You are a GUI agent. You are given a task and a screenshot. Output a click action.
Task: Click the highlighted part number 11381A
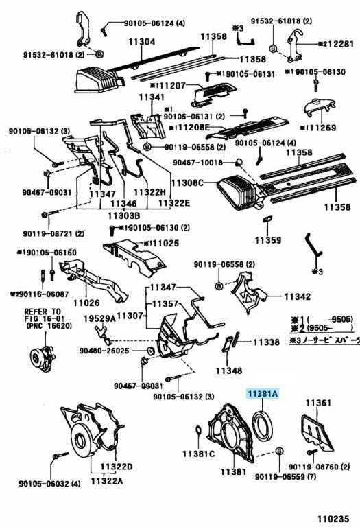coord(263,394)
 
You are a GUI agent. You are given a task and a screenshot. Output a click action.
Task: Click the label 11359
coord(268,240)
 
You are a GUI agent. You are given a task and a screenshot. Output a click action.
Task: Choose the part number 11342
coord(298,296)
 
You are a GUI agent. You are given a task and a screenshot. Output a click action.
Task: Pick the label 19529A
coord(100,318)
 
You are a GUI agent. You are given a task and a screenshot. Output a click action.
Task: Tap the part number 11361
coord(319,403)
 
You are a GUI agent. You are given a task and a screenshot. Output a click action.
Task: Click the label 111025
coord(161,244)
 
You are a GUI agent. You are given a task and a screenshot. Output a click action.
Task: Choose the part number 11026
coord(86,302)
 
